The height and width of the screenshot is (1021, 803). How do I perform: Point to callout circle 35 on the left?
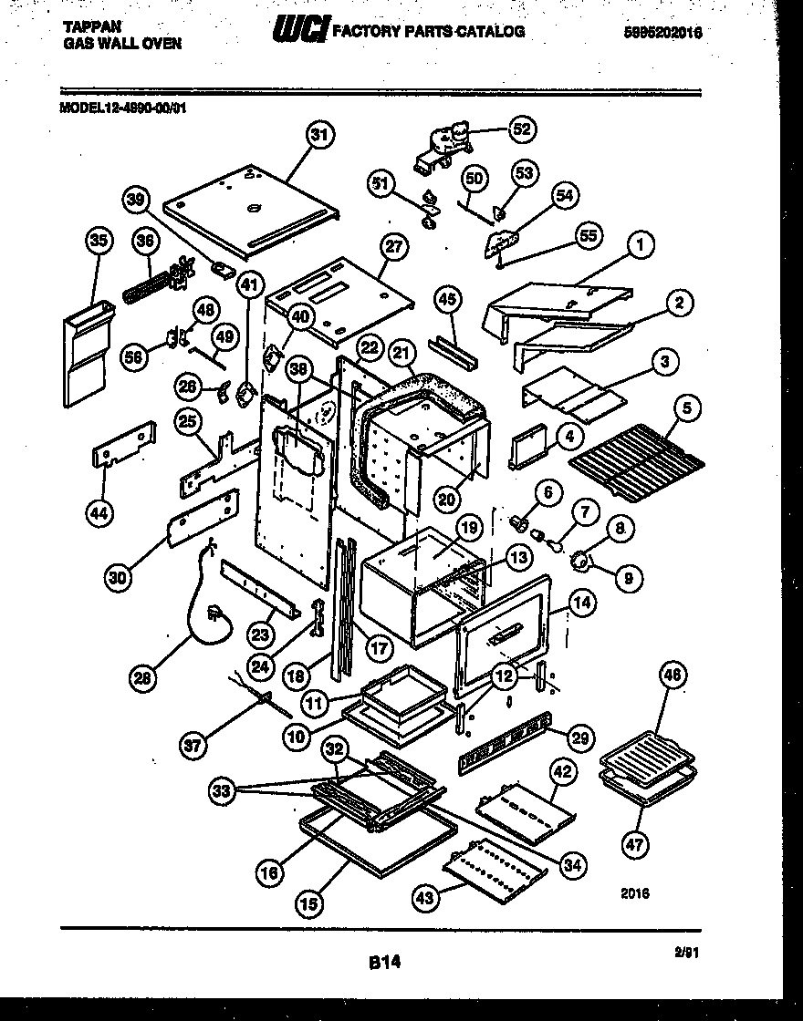click(x=99, y=241)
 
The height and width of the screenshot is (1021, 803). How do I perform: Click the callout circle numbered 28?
click(x=142, y=678)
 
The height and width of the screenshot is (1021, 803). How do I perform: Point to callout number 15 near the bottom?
click(x=309, y=903)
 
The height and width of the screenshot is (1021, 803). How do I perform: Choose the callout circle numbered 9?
click(x=630, y=576)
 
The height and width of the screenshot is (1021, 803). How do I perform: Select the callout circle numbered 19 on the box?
click(x=468, y=527)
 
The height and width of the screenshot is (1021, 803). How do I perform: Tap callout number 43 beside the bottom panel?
click(x=426, y=897)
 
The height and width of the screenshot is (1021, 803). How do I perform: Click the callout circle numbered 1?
click(x=641, y=244)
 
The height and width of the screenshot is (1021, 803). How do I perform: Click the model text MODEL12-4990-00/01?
click(x=123, y=106)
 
